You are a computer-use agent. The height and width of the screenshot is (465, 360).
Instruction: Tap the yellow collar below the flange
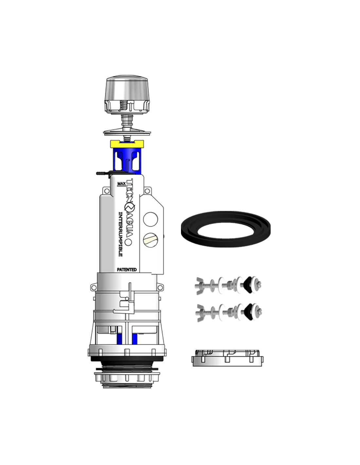(x=127, y=144)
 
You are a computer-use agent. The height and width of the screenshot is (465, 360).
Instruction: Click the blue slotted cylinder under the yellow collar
(x=127, y=160)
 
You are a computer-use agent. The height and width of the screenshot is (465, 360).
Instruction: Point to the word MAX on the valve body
(x=121, y=183)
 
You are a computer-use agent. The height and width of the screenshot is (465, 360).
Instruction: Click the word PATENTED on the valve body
(x=127, y=270)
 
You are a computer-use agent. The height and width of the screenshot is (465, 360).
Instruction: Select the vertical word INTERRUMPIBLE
(x=120, y=234)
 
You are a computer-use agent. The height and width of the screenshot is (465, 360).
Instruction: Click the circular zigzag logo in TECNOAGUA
(x=130, y=208)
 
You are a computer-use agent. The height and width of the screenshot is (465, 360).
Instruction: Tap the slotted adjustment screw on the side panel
(x=151, y=240)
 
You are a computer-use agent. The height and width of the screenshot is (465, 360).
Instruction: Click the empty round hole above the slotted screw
(x=151, y=219)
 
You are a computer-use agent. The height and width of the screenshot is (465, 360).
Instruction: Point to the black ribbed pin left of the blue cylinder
(x=103, y=173)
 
